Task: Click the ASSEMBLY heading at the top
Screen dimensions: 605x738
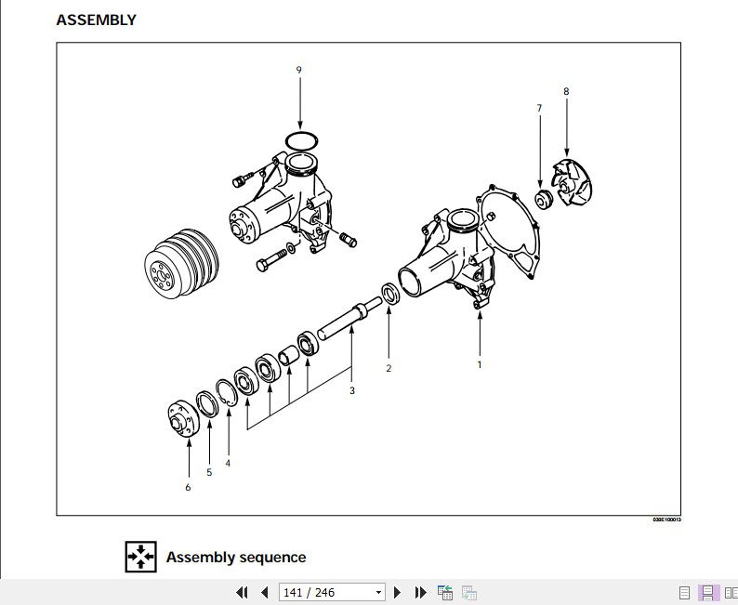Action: [96, 20]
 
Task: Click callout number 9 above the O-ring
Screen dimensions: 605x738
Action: [299, 70]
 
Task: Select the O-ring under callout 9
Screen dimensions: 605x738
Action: [300, 140]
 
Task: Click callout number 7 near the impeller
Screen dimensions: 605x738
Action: [539, 109]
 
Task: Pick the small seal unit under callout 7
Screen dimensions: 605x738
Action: [544, 198]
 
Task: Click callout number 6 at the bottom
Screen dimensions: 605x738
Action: [188, 487]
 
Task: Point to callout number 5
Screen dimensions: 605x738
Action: [209, 472]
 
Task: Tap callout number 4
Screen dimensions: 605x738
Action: [228, 463]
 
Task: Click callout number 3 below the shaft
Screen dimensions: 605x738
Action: [352, 390]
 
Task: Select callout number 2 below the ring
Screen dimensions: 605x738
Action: [389, 368]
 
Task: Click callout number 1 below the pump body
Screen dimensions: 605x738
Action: [480, 364]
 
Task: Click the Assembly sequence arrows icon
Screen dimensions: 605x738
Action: [141, 556]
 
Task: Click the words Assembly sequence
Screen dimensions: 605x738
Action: [235, 558]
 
